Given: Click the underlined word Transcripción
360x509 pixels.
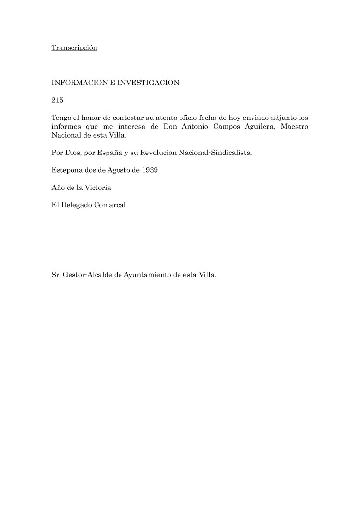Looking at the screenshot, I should pyautogui.click(x=74, y=48).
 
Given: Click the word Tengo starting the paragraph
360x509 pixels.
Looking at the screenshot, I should pyautogui.click(x=61, y=118).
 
